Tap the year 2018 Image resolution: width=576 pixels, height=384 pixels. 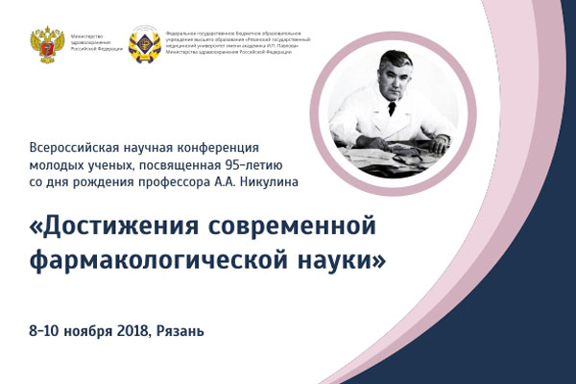coord(129,331)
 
